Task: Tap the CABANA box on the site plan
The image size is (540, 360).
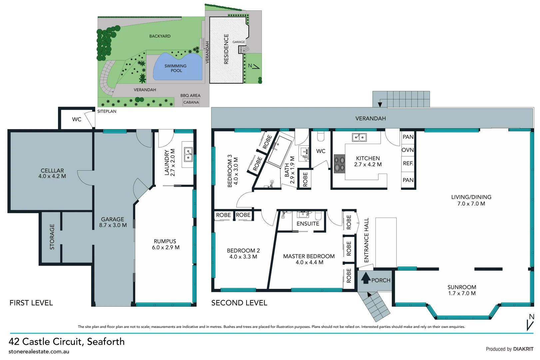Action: tap(191, 102)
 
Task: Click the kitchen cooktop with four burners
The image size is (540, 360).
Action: tap(339, 164)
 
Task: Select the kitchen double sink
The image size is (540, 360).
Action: tap(359, 137)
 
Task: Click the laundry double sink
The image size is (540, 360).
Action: tap(188, 155)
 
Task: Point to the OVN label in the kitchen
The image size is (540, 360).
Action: tap(408, 150)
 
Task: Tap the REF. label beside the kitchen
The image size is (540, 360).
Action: tap(408, 163)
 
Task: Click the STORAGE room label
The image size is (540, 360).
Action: tap(52, 237)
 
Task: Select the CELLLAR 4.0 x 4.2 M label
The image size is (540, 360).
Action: tap(52, 173)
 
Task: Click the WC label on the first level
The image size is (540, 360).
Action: tap(77, 119)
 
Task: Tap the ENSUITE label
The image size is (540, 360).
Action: tap(308, 224)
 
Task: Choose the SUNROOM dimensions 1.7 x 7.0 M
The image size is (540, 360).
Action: tap(462, 293)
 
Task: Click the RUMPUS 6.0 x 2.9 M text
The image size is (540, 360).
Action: tap(165, 244)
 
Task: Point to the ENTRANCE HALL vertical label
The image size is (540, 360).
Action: tap(366, 240)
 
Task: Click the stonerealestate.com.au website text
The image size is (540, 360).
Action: tap(39, 351)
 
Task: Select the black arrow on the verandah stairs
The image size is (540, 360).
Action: tap(380, 105)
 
